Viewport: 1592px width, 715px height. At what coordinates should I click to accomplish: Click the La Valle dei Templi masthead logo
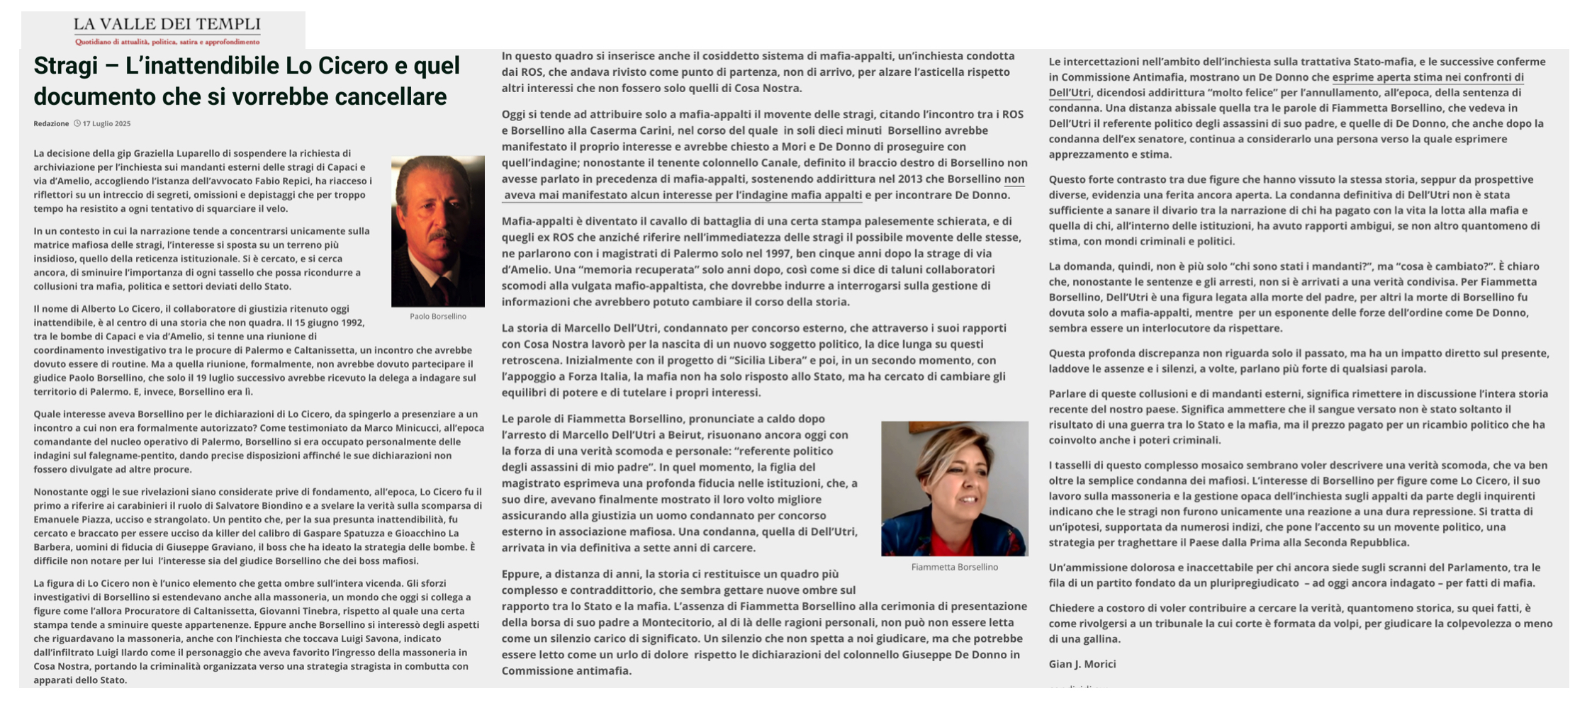click(167, 25)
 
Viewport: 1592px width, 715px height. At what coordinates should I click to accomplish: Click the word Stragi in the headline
click(65, 66)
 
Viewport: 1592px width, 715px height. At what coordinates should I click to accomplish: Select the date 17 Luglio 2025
click(106, 123)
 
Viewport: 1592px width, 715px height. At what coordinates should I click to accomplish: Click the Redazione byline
click(51, 123)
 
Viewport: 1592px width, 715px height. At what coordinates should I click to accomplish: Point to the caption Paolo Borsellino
click(437, 316)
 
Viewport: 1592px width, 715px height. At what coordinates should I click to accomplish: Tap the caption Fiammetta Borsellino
click(954, 567)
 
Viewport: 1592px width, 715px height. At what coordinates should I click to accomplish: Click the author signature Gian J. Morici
click(1082, 664)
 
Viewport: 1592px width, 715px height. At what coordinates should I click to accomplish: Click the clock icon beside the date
click(77, 123)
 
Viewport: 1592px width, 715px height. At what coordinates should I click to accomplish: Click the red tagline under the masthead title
click(167, 42)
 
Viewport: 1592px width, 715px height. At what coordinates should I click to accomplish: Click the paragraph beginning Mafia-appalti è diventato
click(762, 261)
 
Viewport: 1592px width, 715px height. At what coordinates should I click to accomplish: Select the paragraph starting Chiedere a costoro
click(1300, 623)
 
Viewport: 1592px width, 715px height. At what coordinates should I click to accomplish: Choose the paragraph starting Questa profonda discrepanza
click(1299, 361)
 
